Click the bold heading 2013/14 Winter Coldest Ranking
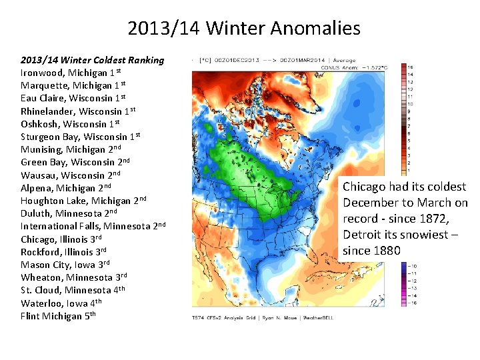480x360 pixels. pyautogui.click(x=92, y=60)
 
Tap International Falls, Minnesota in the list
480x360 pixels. pyautogui.click(x=93, y=226)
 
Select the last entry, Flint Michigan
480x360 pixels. pyautogui.click(x=58, y=316)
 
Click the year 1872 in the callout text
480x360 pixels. pyautogui.click(x=451, y=219)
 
